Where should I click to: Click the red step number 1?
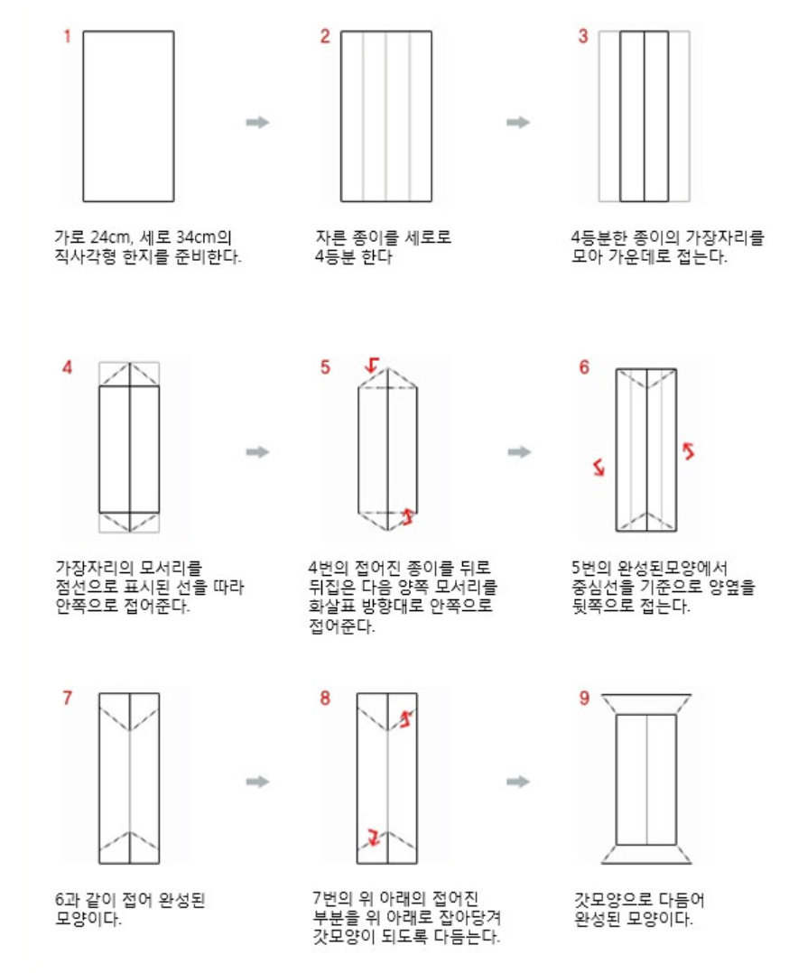(x=66, y=37)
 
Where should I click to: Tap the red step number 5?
(x=326, y=366)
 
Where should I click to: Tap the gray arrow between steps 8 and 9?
(x=518, y=781)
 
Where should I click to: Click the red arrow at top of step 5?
(x=371, y=365)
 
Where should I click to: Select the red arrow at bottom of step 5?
(x=407, y=516)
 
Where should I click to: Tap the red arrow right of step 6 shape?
(x=688, y=449)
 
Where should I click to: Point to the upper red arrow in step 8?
(x=407, y=718)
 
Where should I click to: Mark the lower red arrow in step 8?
(x=371, y=838)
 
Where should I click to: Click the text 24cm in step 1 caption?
(x=109, y=237)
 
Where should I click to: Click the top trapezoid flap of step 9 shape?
(x=645, y=703)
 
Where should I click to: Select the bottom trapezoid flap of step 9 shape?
(x=645, y=855)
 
